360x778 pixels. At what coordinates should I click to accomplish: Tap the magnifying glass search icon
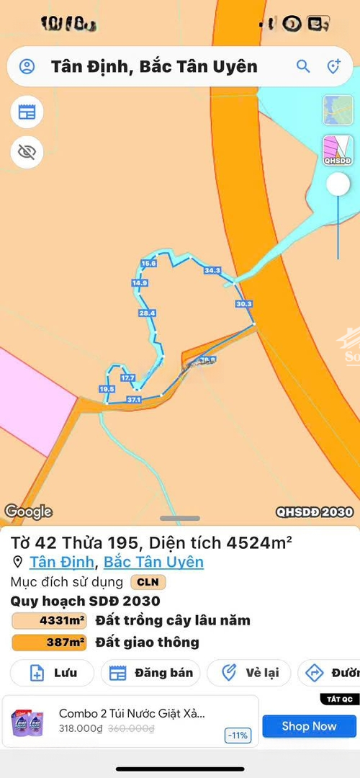point(303,67)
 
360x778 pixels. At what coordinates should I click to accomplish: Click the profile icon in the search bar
point(27,67)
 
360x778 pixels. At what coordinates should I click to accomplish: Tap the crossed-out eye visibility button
point(27,151)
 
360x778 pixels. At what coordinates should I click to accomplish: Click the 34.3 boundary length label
point(212,271)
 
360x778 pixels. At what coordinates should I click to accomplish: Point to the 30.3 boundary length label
point(243,304)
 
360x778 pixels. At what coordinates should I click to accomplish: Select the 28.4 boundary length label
point(147,313)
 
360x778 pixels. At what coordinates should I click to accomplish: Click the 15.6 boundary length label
point(149,264)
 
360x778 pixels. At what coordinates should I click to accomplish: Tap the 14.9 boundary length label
point(140,283)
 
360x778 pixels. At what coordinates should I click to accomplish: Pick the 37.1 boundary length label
point(134,399)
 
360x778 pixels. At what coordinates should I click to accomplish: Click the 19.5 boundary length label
point(107,389)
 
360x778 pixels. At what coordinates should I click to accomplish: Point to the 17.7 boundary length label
point(128,377)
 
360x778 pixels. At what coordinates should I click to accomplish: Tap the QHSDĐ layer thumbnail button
point(337,150)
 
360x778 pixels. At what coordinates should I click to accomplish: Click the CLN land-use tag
point(148,582)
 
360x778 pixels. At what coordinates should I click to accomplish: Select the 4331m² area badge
point(49,620)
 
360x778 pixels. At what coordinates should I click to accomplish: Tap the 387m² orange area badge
point(49,642)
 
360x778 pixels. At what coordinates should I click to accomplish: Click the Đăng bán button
point(150,673)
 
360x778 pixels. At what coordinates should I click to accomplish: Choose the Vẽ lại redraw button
point(248,673)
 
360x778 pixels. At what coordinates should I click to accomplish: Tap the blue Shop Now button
point(309,726)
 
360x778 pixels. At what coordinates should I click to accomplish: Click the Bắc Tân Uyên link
point(153,562)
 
